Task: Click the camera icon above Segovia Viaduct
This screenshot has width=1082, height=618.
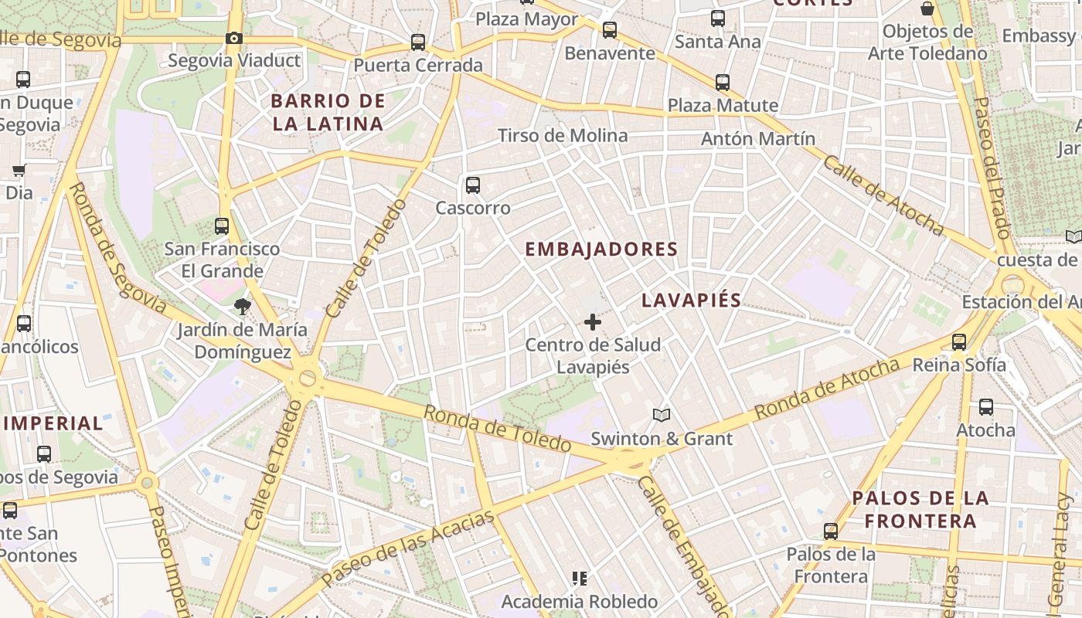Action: click(x=233, y=39)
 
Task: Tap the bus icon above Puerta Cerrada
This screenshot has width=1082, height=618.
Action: click(x=418, y=42)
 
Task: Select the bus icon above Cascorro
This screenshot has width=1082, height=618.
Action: click(x=473, y=185)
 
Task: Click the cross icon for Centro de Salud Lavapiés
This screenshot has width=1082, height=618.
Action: click(x=593, y=322)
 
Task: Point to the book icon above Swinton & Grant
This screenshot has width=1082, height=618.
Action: click(x=661, y=416)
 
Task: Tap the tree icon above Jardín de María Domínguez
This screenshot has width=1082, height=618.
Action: click(x=243, y=307)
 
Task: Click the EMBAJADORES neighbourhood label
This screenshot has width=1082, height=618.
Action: click(x=601, y=250)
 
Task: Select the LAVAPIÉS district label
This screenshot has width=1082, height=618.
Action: click(x=692, y=301)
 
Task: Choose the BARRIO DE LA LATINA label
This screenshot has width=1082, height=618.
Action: click(x=328, y=112)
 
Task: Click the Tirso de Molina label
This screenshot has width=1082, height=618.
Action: click(x=563, y=136)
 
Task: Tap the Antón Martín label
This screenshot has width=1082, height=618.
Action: click(x=757, y=139)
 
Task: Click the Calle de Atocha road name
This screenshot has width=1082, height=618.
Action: click(x=883, y=195)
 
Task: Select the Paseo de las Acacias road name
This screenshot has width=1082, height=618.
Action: click(x=408, y=548)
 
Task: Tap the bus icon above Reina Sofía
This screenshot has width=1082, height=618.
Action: click(x=959, y=342)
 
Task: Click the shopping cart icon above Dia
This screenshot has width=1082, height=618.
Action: click(x=19, y=170)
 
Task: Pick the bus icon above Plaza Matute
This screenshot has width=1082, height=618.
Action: click(x=723, y=83)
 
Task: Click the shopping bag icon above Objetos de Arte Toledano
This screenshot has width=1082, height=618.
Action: click(x=927, y=9)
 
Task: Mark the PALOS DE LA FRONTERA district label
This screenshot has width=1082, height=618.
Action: click(x=920, y=509)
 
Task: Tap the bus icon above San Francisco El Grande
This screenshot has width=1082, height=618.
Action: click(x=222, y=226)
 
